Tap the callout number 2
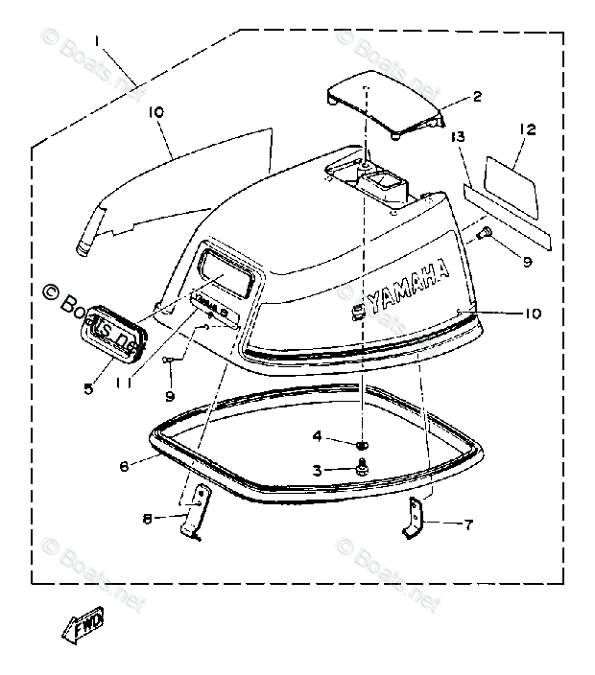(x=475, y=96)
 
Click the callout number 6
(x=124, y=466)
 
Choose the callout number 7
(x=469, y=524)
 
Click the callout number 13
(x=459, y=138)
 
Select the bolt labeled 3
(x=362, y=467)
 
